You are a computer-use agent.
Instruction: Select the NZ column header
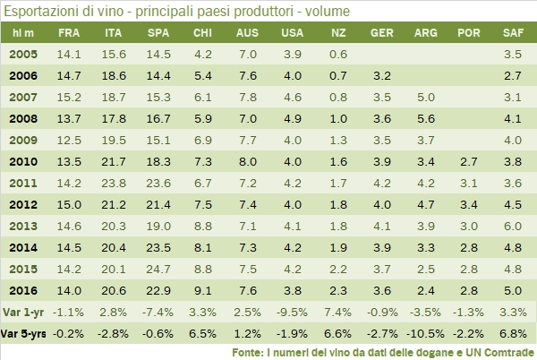tap(337, 32)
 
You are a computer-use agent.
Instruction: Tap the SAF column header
tap(513, 32)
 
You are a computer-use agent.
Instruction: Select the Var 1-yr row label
tap(23, 312)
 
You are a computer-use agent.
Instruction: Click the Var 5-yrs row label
tap(24, 333)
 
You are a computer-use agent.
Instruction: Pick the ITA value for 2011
tap(114, 184)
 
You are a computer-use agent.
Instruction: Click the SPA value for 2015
tap(158, 269)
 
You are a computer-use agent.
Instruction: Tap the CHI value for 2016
tap(203, 290)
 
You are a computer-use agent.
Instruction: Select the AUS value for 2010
tap(248, 162)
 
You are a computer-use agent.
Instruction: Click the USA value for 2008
tap(293, 119)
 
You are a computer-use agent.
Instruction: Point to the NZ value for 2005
tap(337, 55)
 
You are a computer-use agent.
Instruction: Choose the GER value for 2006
tap(382, 76)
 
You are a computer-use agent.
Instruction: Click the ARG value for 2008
tap(426, 119)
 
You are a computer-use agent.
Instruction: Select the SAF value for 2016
tap(513, 290)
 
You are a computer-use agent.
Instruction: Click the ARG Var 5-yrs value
tap(426, 333)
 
